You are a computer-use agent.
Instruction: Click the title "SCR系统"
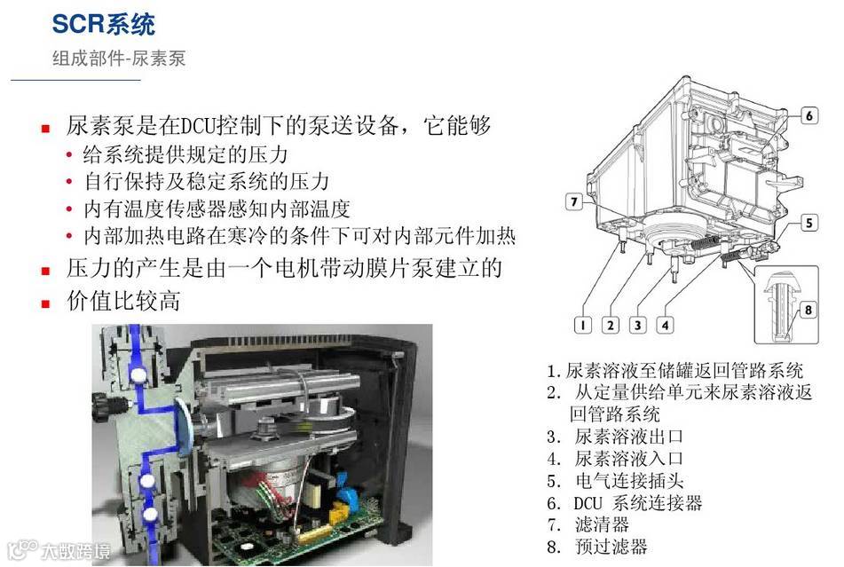(x=103, y=24)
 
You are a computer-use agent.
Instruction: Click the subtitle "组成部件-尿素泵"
(x=119, y=58)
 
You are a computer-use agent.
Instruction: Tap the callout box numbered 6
(x=809, y=115)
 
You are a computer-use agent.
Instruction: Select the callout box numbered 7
(x=574, y=201)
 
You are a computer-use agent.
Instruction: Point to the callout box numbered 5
(x=809, y=223)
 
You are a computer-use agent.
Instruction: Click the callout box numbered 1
(x=582, y=325)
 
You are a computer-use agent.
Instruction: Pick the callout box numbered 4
(x=665, y=325)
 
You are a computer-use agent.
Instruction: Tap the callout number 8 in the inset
(x=808, y=310)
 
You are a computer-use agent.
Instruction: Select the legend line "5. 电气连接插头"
(x=615, y=480)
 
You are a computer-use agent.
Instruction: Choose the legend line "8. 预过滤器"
(x=597, y=547)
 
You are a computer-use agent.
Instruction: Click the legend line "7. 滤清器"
(x=588, y=524)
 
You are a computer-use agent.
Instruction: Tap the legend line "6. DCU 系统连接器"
(x=625, y=503)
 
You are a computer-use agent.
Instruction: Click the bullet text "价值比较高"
(x=123, y=301)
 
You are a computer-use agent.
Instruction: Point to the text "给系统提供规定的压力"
(x=185, y=155)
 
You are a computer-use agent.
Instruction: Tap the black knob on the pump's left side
(x=100, y=404)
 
